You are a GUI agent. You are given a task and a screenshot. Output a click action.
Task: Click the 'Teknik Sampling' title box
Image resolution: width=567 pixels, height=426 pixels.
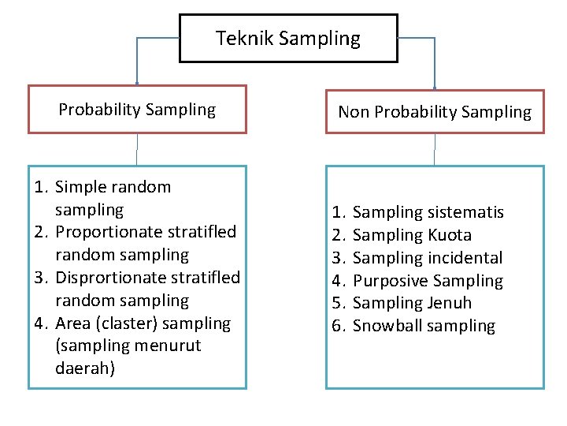click(x=288, y=38)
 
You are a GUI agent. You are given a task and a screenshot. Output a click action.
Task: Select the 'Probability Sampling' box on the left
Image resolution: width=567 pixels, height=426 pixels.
click(x=137, y=110)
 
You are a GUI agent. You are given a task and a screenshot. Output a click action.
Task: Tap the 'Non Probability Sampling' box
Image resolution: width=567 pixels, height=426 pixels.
click(x=435, y=112)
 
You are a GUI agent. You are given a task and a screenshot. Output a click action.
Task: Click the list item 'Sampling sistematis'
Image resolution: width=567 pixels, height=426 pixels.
click(x=428, y=212)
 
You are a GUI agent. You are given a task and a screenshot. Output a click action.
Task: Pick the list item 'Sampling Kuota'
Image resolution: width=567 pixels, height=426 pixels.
click(x=413, y=235)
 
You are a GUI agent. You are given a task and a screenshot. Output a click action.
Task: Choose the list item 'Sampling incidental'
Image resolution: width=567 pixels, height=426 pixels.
click(x=428, y=258)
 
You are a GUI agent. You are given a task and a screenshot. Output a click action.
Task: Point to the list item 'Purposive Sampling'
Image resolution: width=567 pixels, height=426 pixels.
click(x=428, y=281)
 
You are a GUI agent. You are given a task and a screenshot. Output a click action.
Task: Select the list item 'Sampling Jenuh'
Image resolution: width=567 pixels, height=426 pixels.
click(x=413, y=303)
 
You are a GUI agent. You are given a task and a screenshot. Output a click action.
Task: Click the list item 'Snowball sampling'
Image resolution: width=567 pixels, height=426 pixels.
click(x=424, y=326)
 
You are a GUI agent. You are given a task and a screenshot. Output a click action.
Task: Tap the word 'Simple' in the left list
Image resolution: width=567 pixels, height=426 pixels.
click(x=80, y=187)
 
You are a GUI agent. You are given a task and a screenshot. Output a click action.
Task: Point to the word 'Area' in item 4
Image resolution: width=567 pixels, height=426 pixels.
click(x=72, y=323)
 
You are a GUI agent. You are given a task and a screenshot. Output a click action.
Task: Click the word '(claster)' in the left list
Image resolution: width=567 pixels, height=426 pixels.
click(x=124, y=323)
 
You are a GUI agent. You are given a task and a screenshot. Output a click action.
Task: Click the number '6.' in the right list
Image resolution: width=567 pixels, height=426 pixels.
click(x=339, y=326)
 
